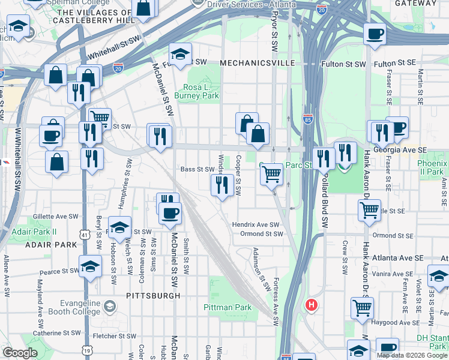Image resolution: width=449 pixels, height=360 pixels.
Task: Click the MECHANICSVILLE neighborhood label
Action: tap(256, 63)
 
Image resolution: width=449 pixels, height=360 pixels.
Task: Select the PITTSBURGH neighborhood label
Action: tap(153, 296)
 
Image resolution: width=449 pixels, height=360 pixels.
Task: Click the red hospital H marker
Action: tap(311, 305)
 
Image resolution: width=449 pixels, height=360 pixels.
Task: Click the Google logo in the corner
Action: tap(20, 353)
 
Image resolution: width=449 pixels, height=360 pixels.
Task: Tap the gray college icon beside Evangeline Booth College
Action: tap(109, 307)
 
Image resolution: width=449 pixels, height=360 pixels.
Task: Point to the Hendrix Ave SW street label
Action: tap(256, 224)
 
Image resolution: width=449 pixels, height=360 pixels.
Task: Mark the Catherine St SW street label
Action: tap(56, 332)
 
